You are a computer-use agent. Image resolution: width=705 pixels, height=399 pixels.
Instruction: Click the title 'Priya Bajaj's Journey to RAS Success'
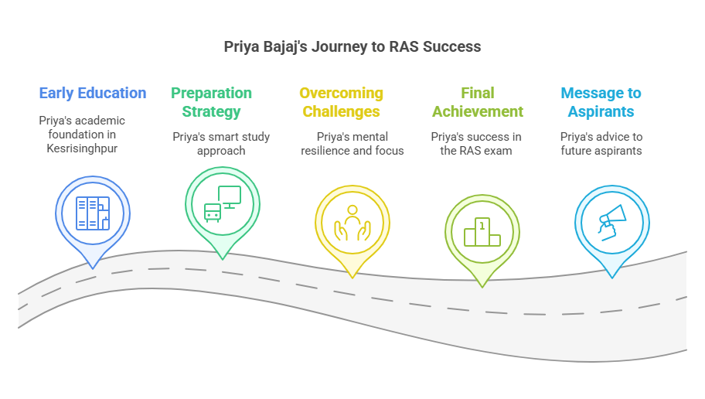pyautogui.click(x=352, y=47)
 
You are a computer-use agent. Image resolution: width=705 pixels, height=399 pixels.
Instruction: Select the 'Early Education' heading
pyautogui.click(x=93, y=93)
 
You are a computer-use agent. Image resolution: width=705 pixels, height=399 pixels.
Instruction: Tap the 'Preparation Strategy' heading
pyautogui.click(x=211, y=102)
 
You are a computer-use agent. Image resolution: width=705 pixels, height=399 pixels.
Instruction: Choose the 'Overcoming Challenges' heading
pyautogui.click(x=341, y=102)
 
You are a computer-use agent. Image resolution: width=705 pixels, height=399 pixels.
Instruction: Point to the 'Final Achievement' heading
pyautogui.click(x=478, y=102)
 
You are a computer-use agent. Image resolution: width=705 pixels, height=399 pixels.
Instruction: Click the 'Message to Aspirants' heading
pyautogui.click(x=601, y=102)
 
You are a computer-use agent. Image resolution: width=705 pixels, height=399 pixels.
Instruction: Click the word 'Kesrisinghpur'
pyautogui.click(x=82, y=148)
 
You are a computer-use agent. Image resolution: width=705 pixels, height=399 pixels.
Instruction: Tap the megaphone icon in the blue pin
pyautogui.click(x=612, y=223)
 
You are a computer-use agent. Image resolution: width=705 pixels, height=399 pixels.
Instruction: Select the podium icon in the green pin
pyautogui.click(x=482, y=232)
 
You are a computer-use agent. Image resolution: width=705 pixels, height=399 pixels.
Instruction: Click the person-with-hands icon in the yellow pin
pyautogui.click(x=352, y=223)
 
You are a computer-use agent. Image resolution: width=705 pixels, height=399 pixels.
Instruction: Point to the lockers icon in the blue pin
pyautogui.click(x=93, y=213)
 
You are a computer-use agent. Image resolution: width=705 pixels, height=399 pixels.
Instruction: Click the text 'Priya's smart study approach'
pyautogui.click(x=221, y=144)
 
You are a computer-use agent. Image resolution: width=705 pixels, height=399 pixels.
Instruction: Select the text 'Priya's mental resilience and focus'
pyautogui.click(x=352, y=144)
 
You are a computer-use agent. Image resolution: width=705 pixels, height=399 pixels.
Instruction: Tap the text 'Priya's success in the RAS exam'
pyautogui.click(x=476, y=144)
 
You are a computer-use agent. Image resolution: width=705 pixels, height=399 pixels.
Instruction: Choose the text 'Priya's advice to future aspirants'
pyautogui.click(x=601, y=144)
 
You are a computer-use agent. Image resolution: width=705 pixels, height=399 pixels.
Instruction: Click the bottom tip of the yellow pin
pyautogui.click(x=352, y=278)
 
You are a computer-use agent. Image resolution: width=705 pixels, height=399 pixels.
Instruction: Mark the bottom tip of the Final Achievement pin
pyautogui.click(x=482, y=288)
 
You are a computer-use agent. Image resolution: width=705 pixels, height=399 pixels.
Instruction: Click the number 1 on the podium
pyautogui.click(x=482, y=226)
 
